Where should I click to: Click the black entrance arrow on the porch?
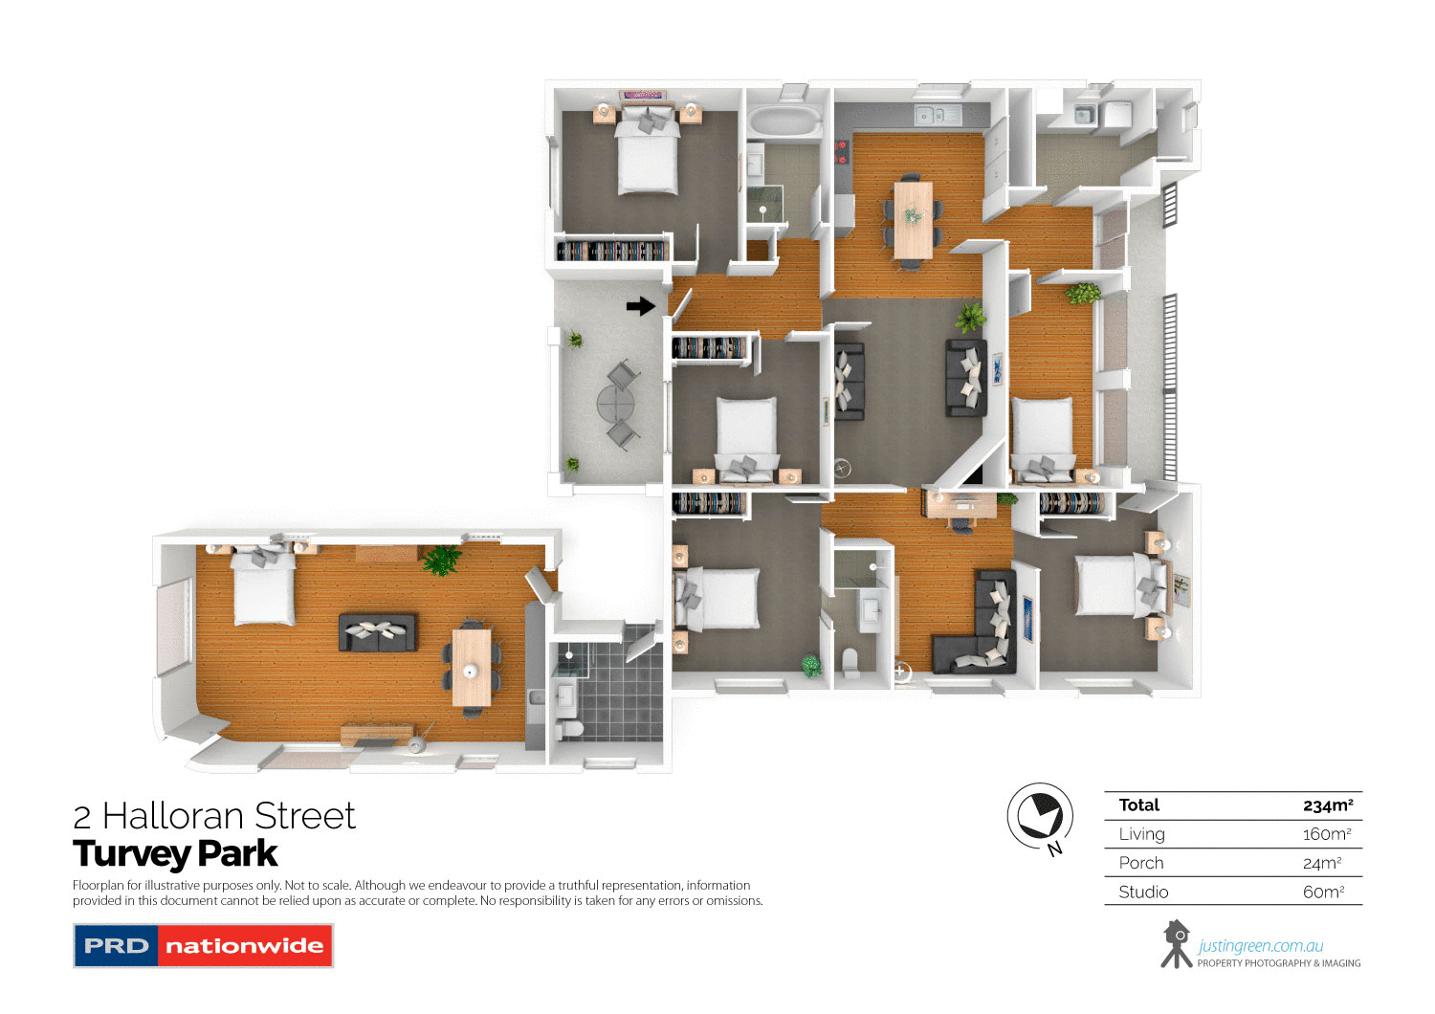640,306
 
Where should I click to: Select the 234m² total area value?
1327,805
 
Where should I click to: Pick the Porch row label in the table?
1141,863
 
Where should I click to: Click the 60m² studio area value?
1323,892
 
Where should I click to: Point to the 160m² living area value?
1326,834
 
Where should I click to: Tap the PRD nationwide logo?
203,946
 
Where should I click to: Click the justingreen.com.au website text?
1261,945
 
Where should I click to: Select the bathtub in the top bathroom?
784,121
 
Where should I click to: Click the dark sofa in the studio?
378,632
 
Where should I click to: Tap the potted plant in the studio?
441,560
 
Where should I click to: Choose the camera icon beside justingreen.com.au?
1176,944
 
